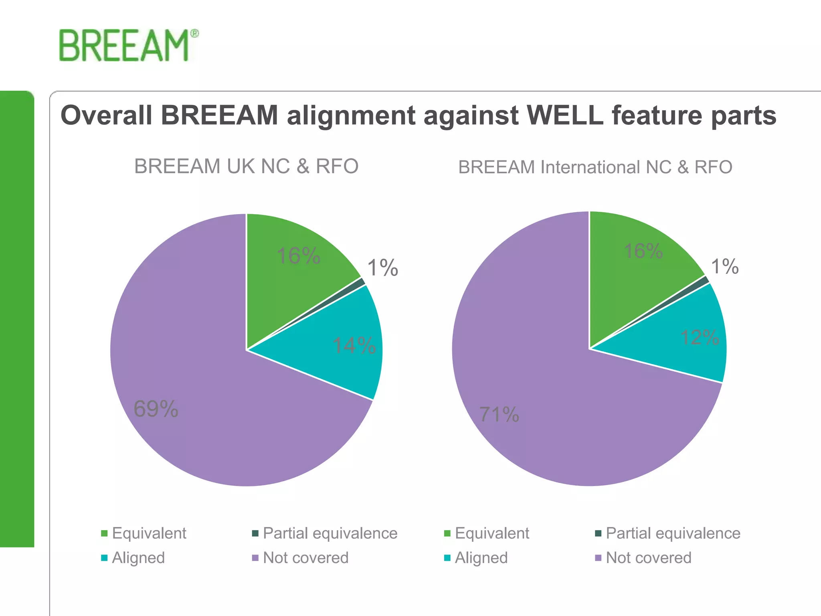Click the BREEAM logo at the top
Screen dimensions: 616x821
click(x=127, y=46)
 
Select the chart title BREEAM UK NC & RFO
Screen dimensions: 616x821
click(x=246, y=166)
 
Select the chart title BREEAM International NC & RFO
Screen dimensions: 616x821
click(x=595, y=167)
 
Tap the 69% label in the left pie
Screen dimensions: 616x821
click(x=156, y=409)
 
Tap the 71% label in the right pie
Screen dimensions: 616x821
click(x=499, y=414)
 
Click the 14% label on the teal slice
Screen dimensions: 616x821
click(x=354, y=345)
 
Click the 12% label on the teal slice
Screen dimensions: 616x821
click(x=700, y=337)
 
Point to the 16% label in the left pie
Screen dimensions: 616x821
click(x=299, y=255)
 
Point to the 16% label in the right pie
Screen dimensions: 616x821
click(x=643, y=251)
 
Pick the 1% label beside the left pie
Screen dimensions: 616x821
click(x=382, y=267)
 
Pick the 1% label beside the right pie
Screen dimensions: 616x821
click(x=724, y=266)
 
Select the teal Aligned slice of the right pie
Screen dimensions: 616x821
click(x=681, y=345)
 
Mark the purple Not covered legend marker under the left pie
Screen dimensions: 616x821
click(x=255, y=558)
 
